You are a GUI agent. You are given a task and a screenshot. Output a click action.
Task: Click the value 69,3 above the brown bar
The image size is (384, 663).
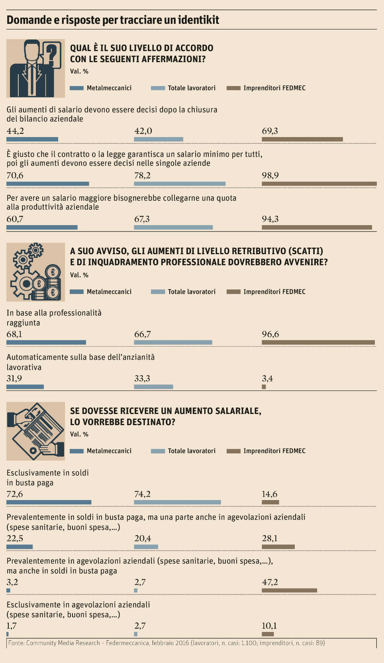point(270,131)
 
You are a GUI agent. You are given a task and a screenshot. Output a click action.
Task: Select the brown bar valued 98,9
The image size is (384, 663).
point(319,184)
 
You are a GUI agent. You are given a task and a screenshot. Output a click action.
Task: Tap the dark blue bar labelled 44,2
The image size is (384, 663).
point(32,139)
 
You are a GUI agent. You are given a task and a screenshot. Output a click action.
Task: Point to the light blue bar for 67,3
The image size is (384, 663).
point(173,228)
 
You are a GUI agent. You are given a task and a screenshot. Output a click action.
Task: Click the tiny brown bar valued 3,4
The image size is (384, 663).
point(264,387)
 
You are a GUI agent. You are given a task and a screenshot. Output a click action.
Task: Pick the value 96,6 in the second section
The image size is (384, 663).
point(270,334)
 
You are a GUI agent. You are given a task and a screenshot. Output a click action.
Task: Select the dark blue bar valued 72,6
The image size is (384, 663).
point(49,502)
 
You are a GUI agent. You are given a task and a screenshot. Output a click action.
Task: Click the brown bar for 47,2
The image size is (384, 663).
point(289,590)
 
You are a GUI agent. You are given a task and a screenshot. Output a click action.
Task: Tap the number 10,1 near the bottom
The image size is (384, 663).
point(269,626)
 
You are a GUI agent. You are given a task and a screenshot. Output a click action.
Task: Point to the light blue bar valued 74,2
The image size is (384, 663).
point(177,502)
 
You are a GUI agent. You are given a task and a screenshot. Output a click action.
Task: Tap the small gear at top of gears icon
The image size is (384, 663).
point(36,250)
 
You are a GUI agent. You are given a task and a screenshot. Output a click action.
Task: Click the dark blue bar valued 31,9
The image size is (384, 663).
point(25,387)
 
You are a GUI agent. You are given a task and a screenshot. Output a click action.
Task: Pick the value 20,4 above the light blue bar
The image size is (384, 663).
point(143,538)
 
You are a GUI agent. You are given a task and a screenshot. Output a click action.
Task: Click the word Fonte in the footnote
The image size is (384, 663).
point(16,643)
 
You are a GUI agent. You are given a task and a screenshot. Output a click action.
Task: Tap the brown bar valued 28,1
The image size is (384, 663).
point(278,547)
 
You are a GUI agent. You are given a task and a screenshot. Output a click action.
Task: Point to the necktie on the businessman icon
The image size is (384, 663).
point(31,80)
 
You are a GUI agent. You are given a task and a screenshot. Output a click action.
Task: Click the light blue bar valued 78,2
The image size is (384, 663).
point(180,184)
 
